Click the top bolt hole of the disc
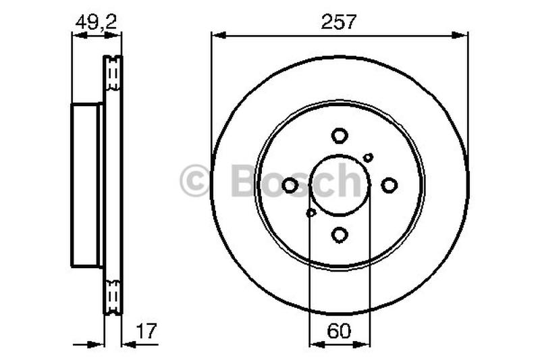point(340,136)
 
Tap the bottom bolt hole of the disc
point(340,234)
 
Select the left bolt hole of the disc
point(290,185)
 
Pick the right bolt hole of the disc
point(389,184)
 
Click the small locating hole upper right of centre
point(368,157)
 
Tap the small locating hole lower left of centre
point(311,213)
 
